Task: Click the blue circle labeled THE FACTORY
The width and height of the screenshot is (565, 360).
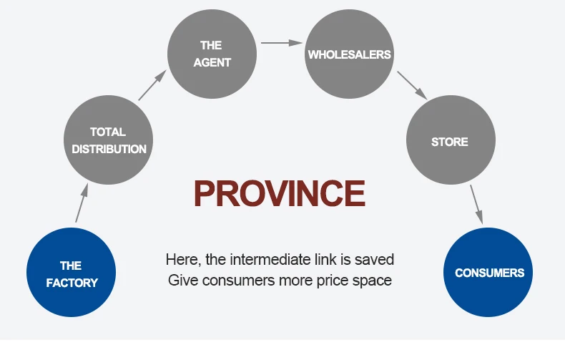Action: point(72,274)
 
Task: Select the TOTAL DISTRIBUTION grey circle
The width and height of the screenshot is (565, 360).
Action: point(109,140)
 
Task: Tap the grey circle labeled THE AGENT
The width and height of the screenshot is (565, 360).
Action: point(212,54)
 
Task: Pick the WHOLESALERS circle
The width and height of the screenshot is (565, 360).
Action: point(350,54)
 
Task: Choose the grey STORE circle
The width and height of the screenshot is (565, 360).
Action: point(450,142)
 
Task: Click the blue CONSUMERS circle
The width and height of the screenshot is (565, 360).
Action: point(489,273)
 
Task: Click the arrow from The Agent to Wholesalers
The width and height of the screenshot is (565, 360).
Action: point(281,43)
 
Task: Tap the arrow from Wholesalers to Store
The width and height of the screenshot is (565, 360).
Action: point(411,84)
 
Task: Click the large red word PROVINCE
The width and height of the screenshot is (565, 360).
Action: point(280,193)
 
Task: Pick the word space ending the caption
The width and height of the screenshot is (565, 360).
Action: point(373,280)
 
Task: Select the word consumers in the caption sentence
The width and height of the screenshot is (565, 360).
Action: point(236,280)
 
